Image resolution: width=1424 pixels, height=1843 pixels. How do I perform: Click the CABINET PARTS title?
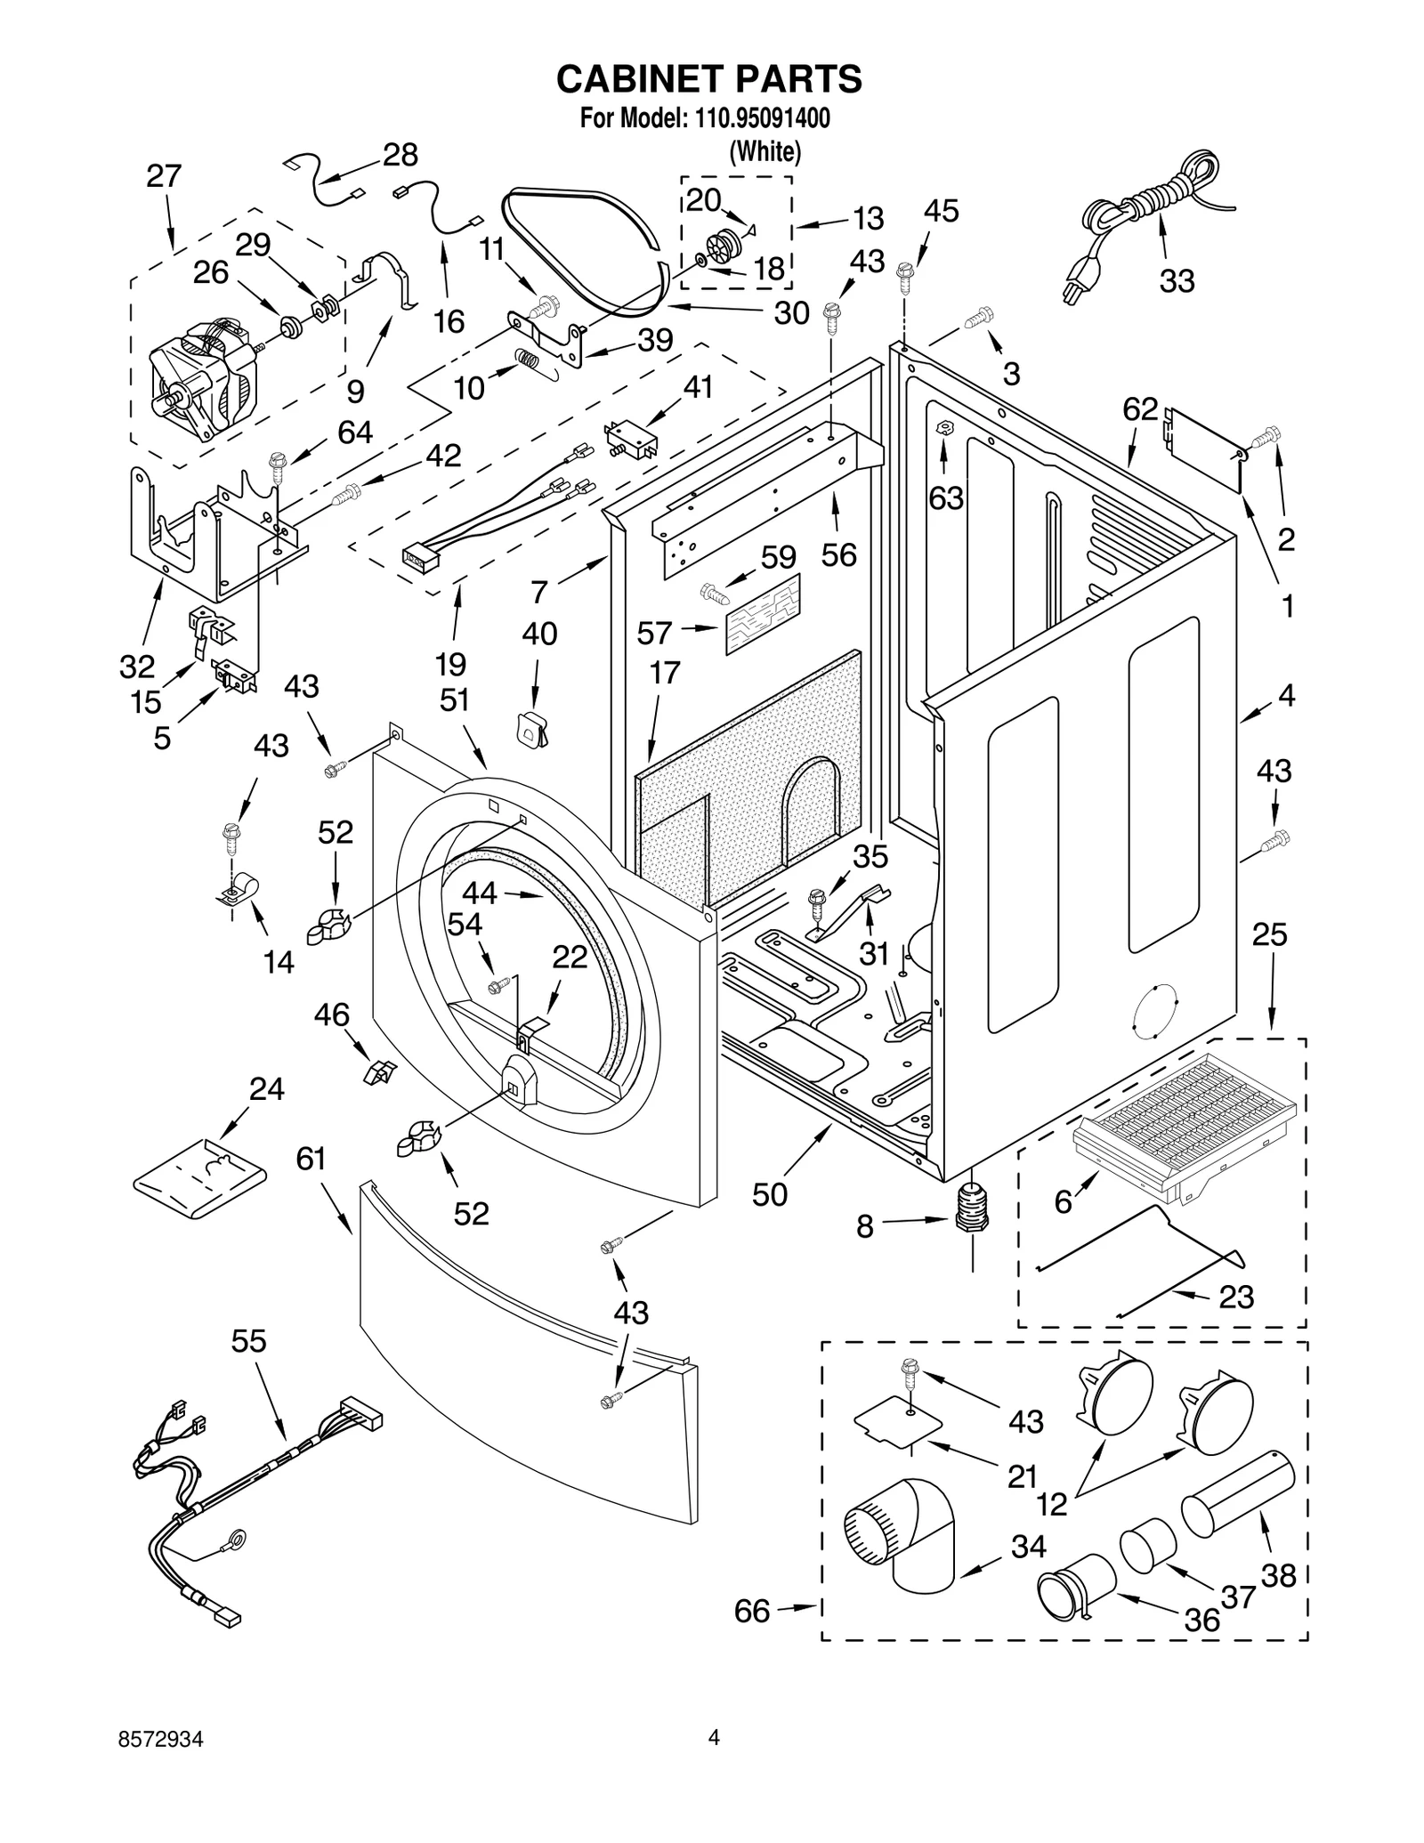point(708,79)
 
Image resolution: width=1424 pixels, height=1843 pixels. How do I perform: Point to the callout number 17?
point(664,673)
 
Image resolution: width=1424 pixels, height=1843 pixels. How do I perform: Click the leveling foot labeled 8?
point(971,1210)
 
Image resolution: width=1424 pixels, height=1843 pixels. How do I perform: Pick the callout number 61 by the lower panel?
point(311,1159)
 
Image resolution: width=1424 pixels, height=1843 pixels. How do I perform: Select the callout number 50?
point(769,1194)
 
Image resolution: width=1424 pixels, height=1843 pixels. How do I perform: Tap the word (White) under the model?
point(765,152)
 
